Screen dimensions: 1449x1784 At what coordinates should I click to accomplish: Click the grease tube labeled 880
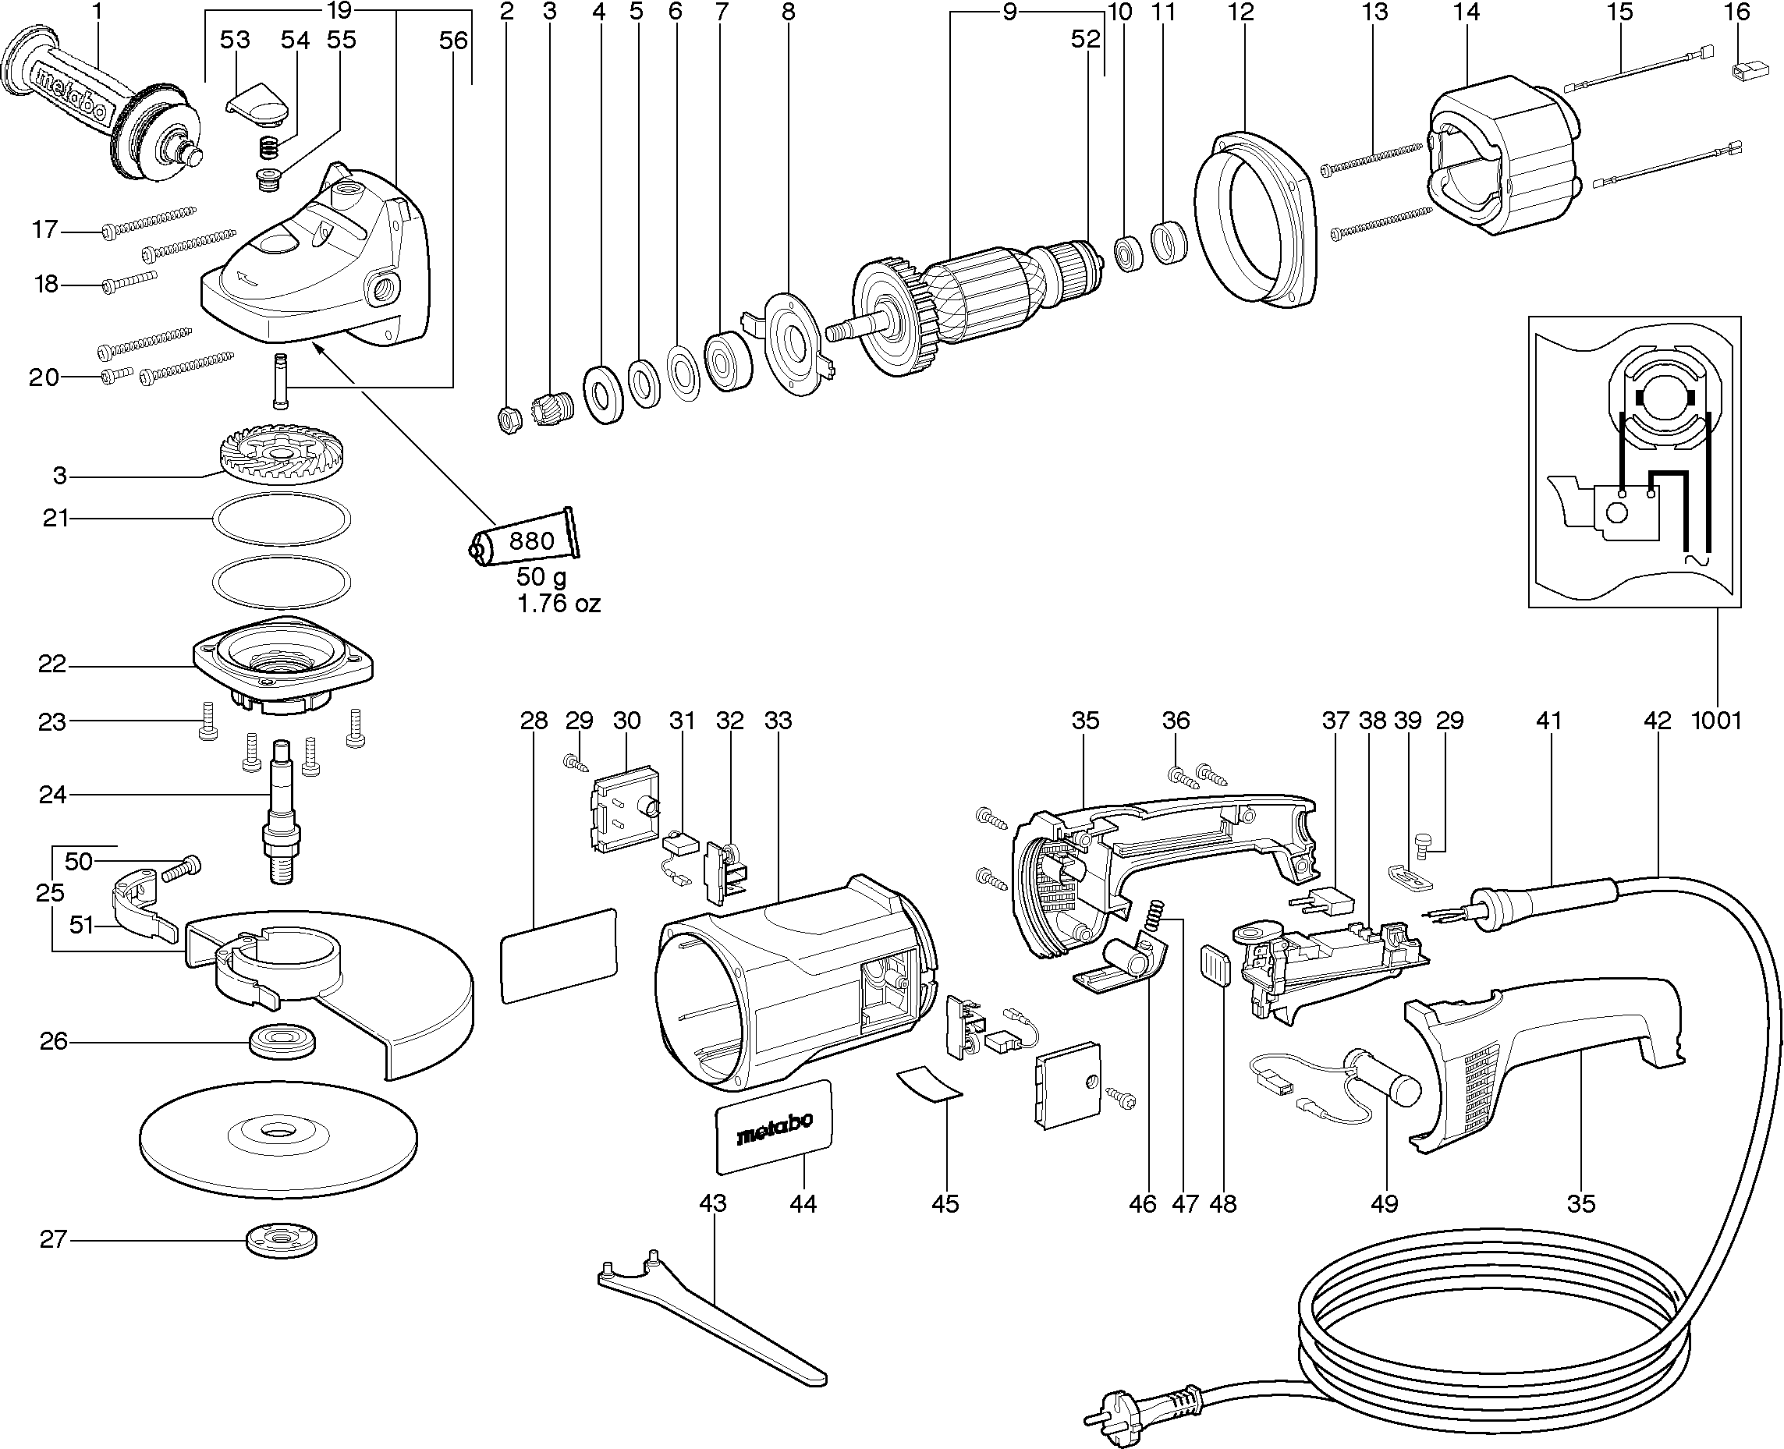coord(526,541)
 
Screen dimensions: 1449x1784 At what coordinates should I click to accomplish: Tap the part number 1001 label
coord(1716,721)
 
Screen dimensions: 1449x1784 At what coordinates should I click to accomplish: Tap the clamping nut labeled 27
coord(283,1242)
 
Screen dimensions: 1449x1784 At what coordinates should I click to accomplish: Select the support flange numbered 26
coord(283,1042)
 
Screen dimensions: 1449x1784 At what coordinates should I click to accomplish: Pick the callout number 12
coord(1241,12)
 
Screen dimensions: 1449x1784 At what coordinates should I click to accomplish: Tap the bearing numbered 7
coord(727,360)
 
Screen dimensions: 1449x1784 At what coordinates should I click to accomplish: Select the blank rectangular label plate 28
coord(559,955)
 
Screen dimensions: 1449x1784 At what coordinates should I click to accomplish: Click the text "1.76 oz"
coord(559,603)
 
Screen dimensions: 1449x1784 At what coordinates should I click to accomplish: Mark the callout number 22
coord(51,664)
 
